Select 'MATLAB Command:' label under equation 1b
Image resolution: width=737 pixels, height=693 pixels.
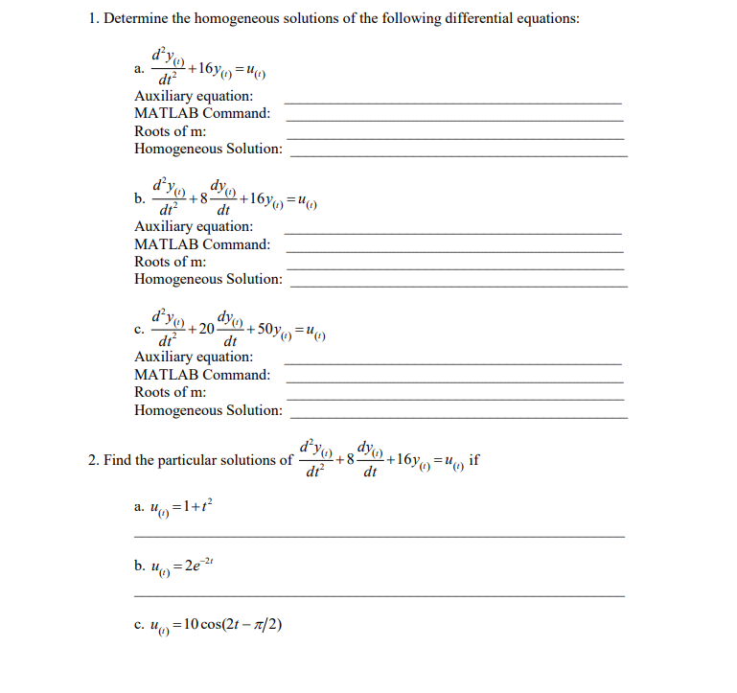(x=201, y=243)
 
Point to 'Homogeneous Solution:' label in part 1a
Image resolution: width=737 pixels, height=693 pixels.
(x=208, y=149)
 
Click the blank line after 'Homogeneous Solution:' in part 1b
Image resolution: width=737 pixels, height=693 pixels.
(x=458, y=286)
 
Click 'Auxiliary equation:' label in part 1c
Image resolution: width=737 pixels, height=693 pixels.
(x=194, y=357)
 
